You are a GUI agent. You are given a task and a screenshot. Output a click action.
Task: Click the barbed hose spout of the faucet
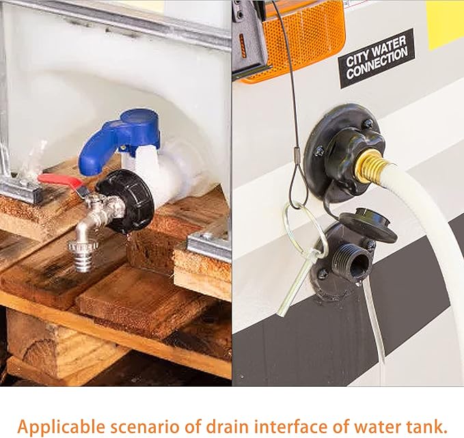coord(83,255)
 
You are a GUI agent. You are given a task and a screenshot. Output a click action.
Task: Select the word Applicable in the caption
coord(62,427)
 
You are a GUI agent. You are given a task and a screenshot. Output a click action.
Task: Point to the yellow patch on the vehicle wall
coord(446,24)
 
